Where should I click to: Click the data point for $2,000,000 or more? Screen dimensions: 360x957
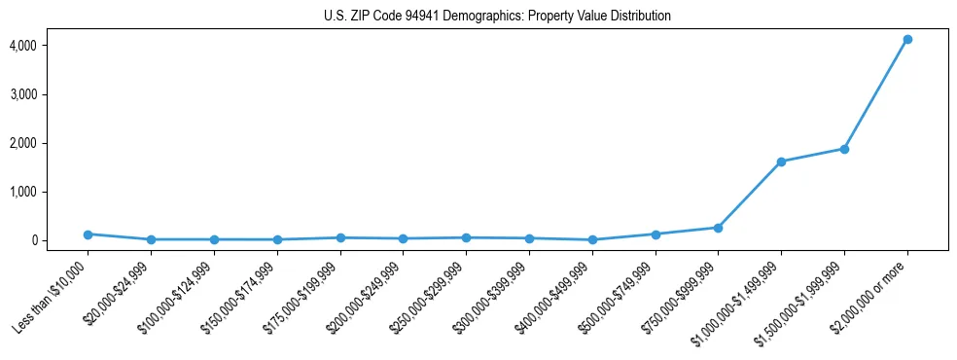907,39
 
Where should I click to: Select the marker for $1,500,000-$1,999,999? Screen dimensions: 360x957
844,149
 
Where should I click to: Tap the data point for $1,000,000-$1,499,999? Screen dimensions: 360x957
781,162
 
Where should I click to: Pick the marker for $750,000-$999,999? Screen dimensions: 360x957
718,228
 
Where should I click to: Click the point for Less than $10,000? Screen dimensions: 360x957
88,234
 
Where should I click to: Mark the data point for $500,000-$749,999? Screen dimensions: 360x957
656,234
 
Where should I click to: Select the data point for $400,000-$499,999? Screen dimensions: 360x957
592,239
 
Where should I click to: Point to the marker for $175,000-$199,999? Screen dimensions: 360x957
340,237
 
